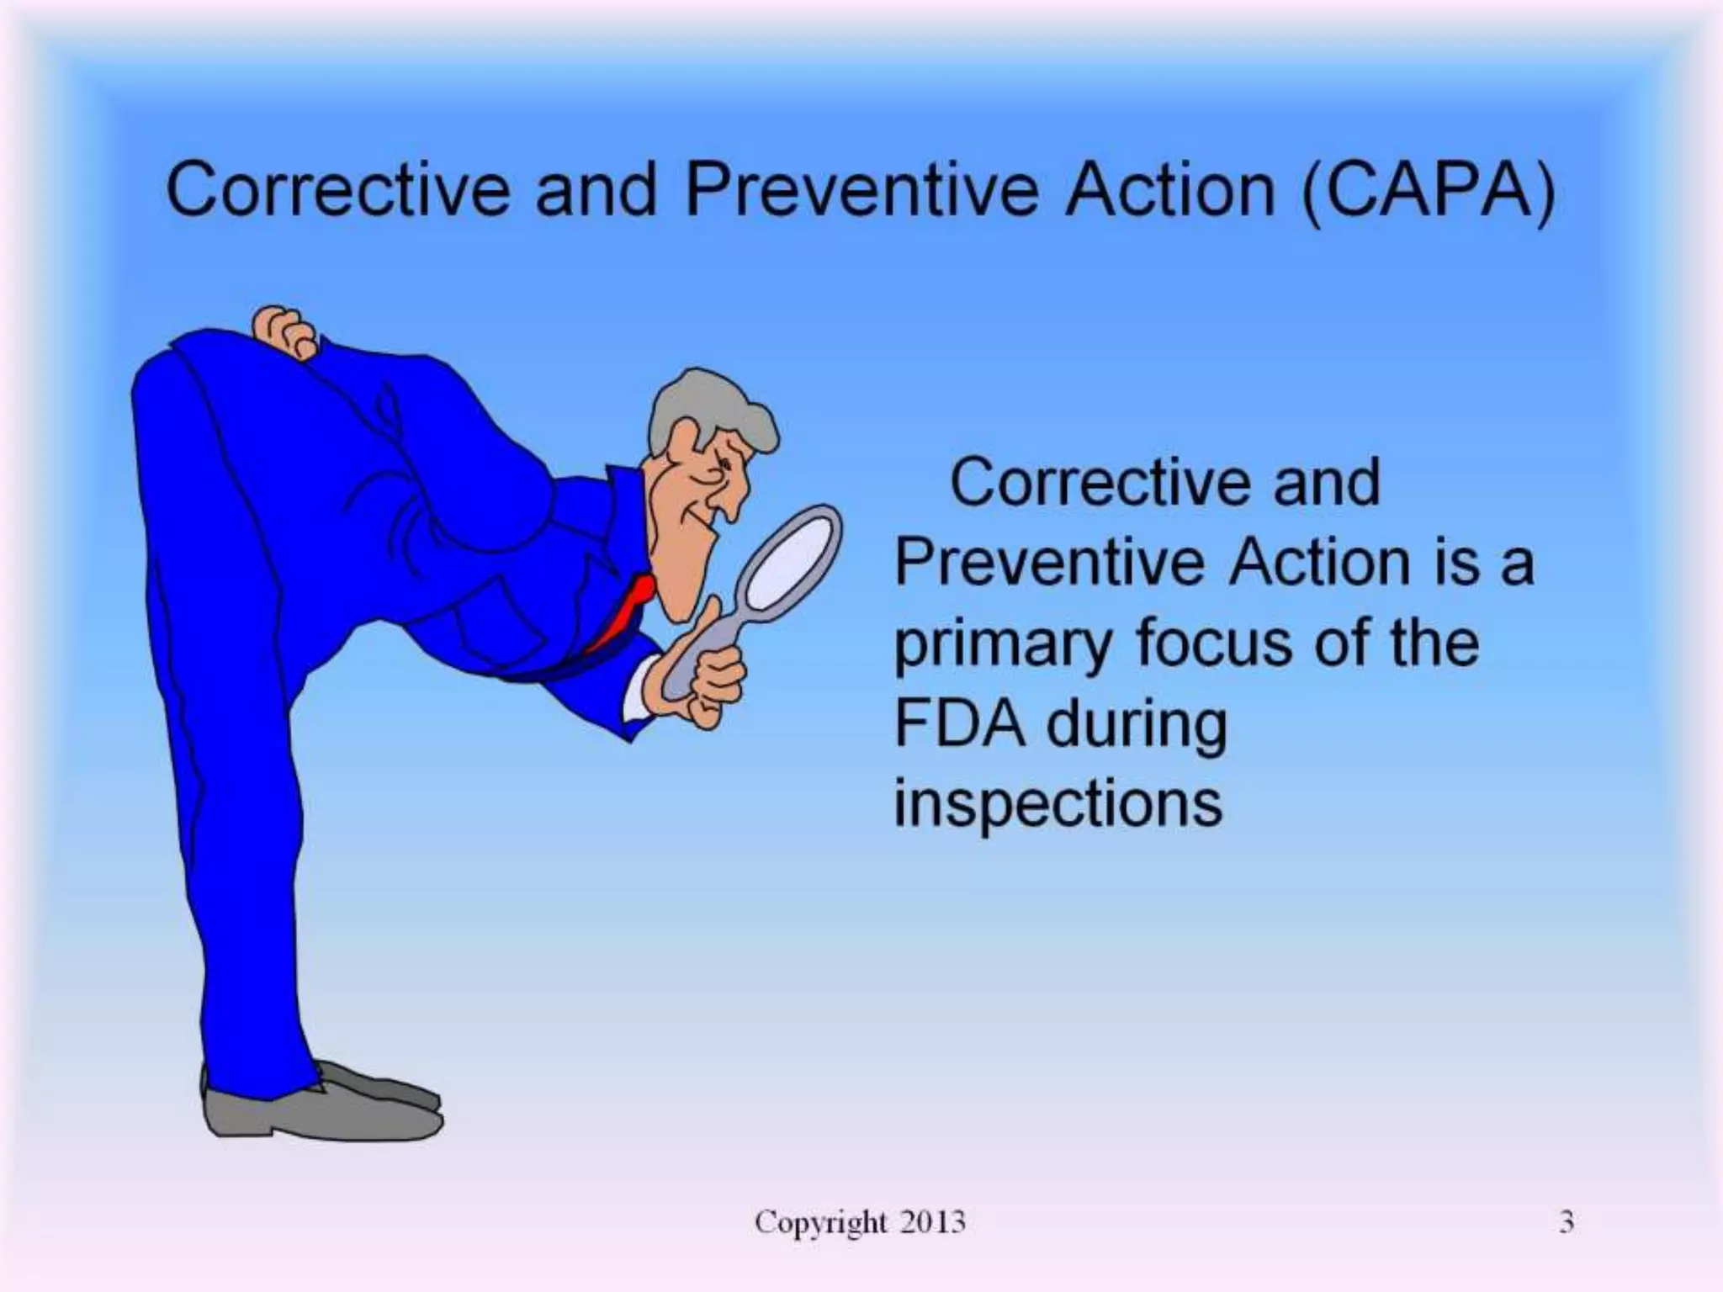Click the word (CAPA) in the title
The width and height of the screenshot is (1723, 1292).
(1428, 191)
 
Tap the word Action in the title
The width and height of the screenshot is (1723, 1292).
(1169, 191)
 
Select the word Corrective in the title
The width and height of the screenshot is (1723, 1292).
(337, 191)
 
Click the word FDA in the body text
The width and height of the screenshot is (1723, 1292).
(959, 724)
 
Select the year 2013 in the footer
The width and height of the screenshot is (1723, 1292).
(932, 1221)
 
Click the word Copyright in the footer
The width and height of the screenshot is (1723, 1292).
(820, 1222)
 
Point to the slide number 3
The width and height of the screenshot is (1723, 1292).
(1566, 1221)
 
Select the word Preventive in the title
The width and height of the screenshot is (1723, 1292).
(863, 191)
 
